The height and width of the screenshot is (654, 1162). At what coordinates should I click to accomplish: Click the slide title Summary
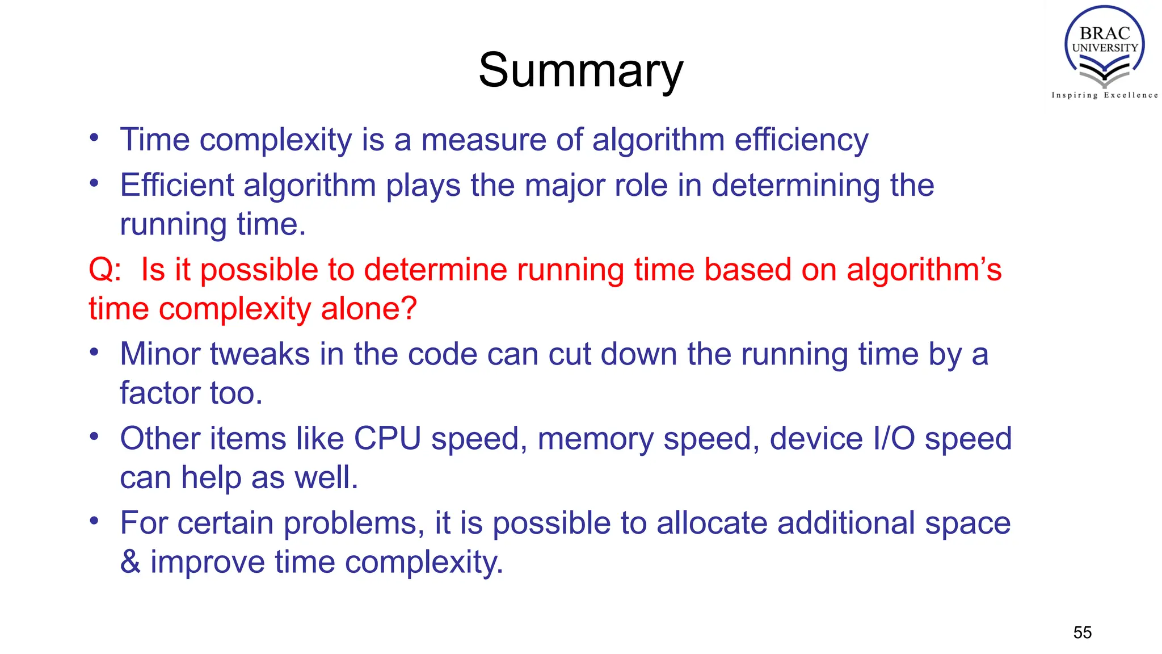coord(581,70)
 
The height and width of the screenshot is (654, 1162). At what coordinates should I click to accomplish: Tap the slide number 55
coord(1082,632)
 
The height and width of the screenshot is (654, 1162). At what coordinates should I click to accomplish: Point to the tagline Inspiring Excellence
coord(1104,95)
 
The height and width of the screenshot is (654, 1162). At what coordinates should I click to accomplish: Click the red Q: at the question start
coord(105,270)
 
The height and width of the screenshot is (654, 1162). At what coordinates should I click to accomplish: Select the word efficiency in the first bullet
coord(801,140)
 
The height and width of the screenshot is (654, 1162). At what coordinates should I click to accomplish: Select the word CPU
coord(387,439)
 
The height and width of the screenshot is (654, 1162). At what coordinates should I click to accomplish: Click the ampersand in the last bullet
coord(130,562)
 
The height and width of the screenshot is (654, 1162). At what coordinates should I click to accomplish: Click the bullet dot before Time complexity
coord(94,138)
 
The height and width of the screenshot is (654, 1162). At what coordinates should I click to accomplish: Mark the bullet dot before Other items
coord(94,437)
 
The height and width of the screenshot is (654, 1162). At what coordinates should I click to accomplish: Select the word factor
coord(159,393)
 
